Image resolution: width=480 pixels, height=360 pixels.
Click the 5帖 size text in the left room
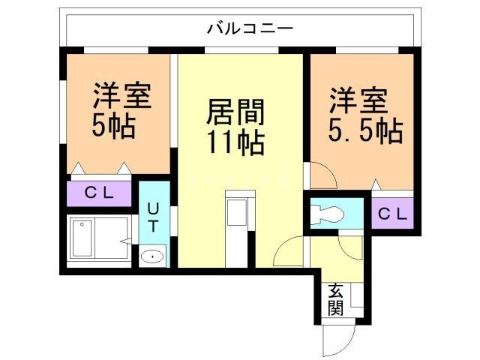coord(113,126)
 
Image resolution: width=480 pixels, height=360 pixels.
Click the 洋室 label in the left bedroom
coord(122,96)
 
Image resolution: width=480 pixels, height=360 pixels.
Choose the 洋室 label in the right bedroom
coord(358,100)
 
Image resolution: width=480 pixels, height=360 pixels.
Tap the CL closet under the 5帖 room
coord(99,193)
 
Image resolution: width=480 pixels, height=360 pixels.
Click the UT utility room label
coord(153,215)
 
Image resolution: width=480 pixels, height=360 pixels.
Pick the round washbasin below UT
coord(152,256)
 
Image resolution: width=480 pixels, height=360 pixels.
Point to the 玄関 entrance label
coord(334,298)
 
